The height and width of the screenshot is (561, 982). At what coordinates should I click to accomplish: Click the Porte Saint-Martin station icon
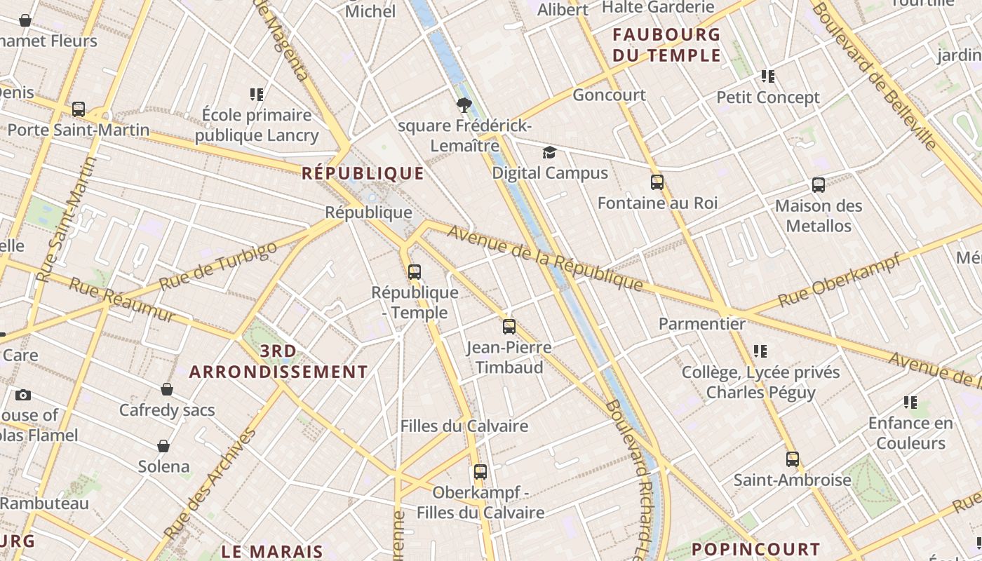79,109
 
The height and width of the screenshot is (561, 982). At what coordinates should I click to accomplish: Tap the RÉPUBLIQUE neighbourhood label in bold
363,173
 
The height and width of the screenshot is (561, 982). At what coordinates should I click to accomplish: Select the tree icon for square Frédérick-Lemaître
463,105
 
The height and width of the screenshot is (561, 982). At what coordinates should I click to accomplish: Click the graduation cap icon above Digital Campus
549,152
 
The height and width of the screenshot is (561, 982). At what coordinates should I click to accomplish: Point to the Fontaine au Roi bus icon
657,182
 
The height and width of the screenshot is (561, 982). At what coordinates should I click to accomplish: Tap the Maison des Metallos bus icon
819,185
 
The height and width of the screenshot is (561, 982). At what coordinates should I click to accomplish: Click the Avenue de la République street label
545,258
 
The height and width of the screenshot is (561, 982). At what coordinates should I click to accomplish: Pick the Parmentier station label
701,323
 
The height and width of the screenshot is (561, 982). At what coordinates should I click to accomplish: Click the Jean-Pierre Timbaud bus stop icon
509,326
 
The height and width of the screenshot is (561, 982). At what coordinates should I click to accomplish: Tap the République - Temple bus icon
415,271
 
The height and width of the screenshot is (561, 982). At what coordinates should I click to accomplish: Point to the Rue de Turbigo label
218,267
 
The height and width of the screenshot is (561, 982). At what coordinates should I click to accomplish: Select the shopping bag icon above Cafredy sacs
167,389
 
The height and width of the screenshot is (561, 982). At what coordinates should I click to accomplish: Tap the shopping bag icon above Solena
163,446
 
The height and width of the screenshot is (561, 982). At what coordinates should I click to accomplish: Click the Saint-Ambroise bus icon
793,459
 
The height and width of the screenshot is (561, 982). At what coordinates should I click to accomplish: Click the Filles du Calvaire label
464,426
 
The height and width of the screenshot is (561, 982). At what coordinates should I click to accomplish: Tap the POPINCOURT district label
755,549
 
